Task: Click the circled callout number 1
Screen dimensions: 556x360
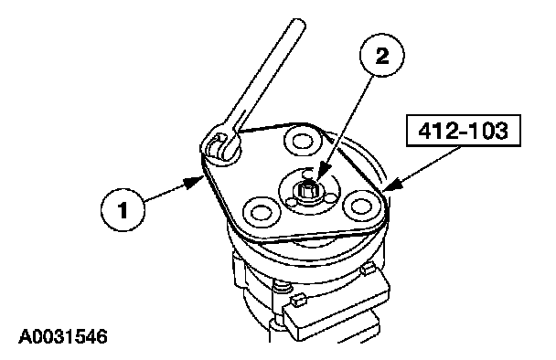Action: pyautogui.click(x=123, y=210)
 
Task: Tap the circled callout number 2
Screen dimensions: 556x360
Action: pyautogui.click(x=382, y=55)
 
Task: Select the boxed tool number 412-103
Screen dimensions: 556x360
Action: pyautogui.click(x=463, y=131)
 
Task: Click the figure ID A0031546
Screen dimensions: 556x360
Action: pyautogui.click(x=63, y=336)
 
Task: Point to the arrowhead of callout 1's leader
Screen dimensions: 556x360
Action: pyautogui.click(x=195, y=182)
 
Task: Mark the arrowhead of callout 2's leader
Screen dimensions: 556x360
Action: pyautogui.click(x=321, y=175)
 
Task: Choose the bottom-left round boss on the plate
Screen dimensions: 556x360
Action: pyautogui.click(x=261, y=213)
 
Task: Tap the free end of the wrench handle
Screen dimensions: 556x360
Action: pyautogui.click(x=297, y=24)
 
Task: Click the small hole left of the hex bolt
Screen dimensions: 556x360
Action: pyautogui.click(x=292, y=202)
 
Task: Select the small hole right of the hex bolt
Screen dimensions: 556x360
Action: pyautogui.click(x=331, y=197)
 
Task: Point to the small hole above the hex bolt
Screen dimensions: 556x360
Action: pyautogui.click(x=308, y=174)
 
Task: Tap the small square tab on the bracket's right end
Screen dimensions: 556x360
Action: pyautogui.click(x=369, y=269)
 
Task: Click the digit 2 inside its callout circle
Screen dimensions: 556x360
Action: pyautogui.click(x=382, y=55)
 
